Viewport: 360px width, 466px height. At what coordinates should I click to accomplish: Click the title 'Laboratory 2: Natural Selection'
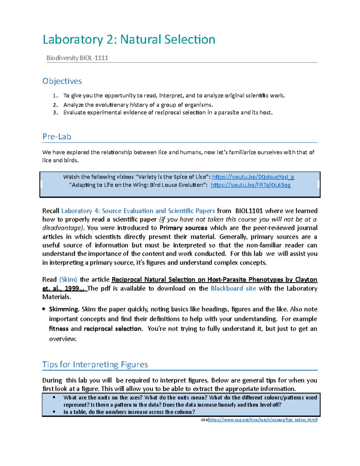[x=129, y=40]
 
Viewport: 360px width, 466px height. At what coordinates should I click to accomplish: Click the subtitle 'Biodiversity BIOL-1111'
[x=77, y=58]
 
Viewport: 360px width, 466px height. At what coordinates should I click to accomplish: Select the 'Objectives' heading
[x=62, y=81]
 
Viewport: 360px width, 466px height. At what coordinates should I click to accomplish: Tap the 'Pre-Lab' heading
[x=57, y=137]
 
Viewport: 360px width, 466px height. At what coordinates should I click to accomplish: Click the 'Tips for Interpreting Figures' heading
[x=95, y=364]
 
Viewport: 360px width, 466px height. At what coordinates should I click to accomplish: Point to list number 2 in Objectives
[x=55, y=105]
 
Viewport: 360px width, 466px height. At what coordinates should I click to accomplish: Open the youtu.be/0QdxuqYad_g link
[x=253, y=177]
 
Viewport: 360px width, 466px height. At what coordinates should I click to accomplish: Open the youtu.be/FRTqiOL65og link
[x=250, y=185]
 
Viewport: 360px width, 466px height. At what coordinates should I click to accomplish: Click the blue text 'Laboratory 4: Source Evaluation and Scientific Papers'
[x=138, y=211]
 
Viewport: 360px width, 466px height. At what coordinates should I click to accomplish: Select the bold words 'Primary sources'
[x=183, y=228]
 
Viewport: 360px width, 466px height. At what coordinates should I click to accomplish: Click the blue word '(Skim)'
[x=68, y=279]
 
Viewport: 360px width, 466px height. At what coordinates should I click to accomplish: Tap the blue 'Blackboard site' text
[x=233, y=288]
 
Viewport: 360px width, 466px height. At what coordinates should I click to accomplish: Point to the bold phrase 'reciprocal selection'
[x=112, y=329]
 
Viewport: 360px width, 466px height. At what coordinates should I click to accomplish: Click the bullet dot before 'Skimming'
[x=44, y=309]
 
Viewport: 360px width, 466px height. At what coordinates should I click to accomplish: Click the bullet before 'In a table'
[x=54, y=412]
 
